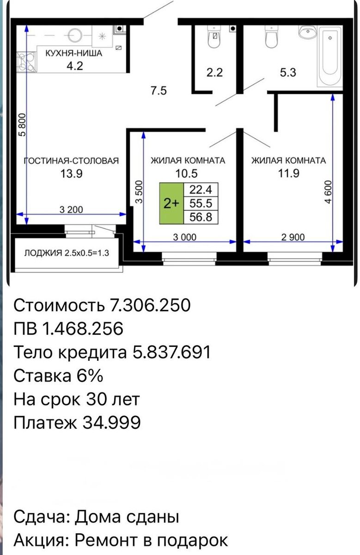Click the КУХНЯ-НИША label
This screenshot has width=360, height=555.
[74, 53]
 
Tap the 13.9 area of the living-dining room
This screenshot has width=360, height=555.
[72, 174]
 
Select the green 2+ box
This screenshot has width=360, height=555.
[171, 203]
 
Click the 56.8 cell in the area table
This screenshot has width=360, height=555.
[201, 217]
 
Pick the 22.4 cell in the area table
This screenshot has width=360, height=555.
[201, 190]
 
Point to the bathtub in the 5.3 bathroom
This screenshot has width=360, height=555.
[330, 56]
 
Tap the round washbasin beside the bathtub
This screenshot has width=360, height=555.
[308, 32]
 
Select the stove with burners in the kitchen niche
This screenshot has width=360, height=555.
[26, 62]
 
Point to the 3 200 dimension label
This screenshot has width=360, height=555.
[71, 210]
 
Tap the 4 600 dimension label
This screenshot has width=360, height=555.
[328, 192]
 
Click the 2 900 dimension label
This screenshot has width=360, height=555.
[293, 237]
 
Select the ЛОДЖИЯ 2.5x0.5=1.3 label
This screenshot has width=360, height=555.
[67, 253]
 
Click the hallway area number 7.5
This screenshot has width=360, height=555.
[159, 91]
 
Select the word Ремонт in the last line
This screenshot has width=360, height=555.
[108, 541]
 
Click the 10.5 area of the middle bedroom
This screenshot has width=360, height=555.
[186, 174]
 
